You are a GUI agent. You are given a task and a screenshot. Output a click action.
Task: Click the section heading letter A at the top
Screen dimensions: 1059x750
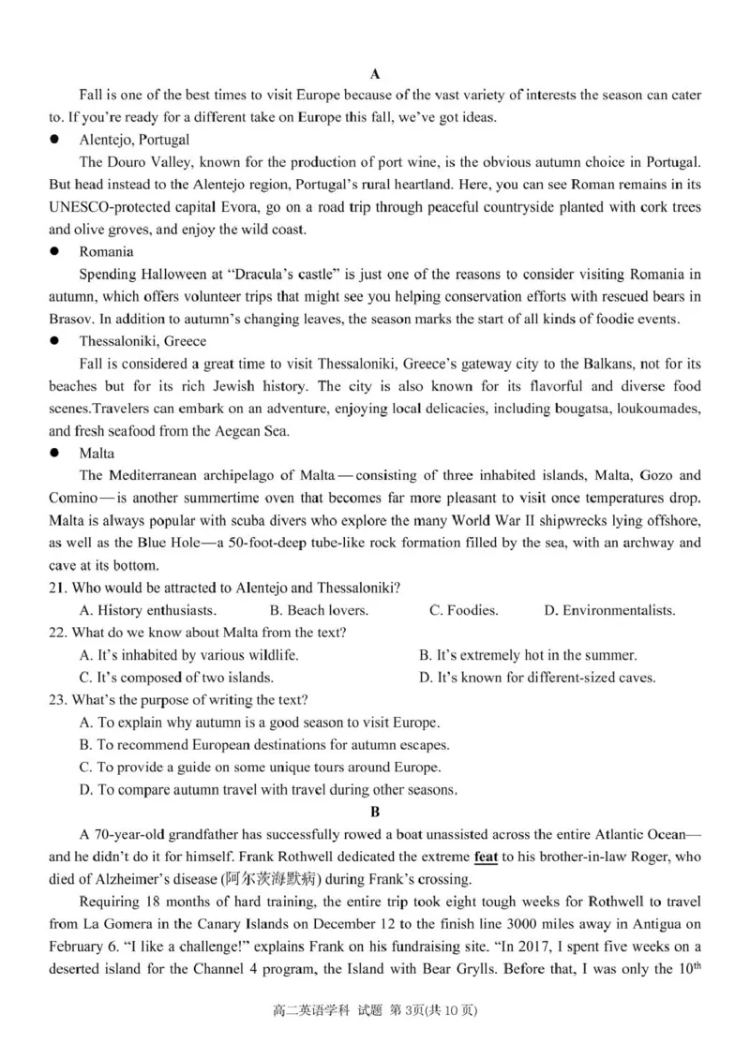click(x=374, y=73)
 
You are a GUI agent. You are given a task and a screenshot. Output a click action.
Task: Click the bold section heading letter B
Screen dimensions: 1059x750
click(x=375, y=812)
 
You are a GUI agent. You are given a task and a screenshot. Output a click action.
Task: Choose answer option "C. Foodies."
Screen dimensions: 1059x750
click(x=463, y=610)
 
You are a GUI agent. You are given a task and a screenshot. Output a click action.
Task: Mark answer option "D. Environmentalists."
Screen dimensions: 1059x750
click(x=609, y=610)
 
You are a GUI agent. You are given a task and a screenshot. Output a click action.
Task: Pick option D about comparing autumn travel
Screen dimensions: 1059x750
click(x=269, y=790)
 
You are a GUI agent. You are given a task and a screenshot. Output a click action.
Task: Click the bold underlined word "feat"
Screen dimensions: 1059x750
click(x=486, y=857)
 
